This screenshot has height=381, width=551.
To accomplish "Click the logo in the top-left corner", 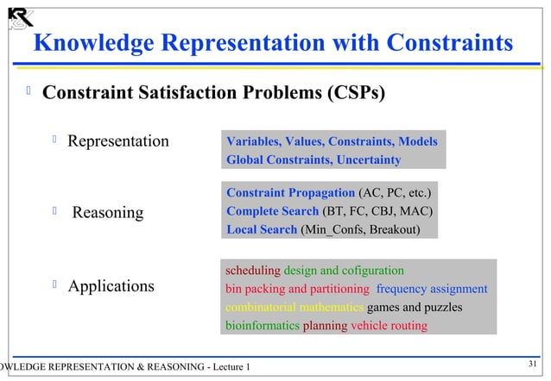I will pyautogui.click(x=20, y=16).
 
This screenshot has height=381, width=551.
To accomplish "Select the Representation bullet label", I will pyautogui.click(x=118, y=141).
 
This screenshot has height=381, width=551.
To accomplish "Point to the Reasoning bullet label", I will pyautogui.click(x=108, y=212).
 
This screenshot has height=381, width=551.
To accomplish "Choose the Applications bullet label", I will pyautogui.click(x=111, y=286).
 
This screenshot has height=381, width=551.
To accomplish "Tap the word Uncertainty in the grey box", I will pyautogui.click(x=369, y=160).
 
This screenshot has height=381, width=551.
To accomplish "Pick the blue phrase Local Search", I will pyautogui.click(x=262, y=230).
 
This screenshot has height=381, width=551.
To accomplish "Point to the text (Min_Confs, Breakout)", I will pyautogui.click(x=361, y=230).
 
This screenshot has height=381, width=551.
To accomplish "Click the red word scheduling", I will pyautogui.click(x=252, y=270).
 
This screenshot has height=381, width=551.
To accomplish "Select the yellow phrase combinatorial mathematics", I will pyautogui.click(x=294, y=308).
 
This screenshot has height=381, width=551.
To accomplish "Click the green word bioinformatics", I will pyautogui.click(x=263, y=327).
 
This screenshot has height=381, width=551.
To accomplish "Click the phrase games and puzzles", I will pyautogui.click(x=415, y=308).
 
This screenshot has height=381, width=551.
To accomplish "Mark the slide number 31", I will pyautogui.click(x=533, y=363).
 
